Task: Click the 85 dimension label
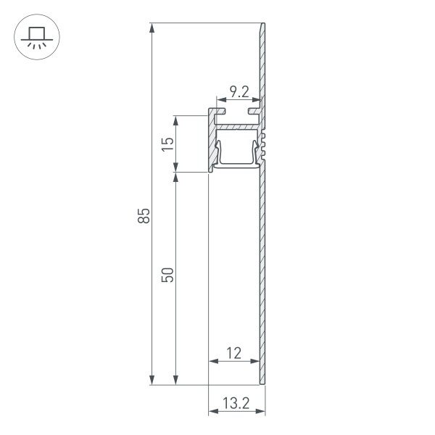(144, 215)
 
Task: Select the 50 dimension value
(168, 275)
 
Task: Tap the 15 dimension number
(168, 143)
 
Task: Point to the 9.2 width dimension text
(239, 92)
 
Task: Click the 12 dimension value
(233, 353)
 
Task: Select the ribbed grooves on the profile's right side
(267, 144)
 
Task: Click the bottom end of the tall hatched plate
(262, 381)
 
